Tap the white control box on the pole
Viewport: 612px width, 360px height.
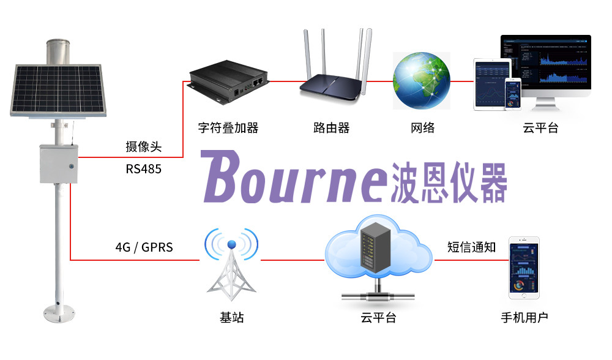click(59, 163)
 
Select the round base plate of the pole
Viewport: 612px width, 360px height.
click(60, 314)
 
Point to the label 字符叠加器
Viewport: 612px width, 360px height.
click(228, 128)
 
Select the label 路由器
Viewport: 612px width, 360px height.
click(331, 128)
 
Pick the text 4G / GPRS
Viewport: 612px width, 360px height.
click(144, 247)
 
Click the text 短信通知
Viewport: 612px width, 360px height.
click(472, 247)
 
